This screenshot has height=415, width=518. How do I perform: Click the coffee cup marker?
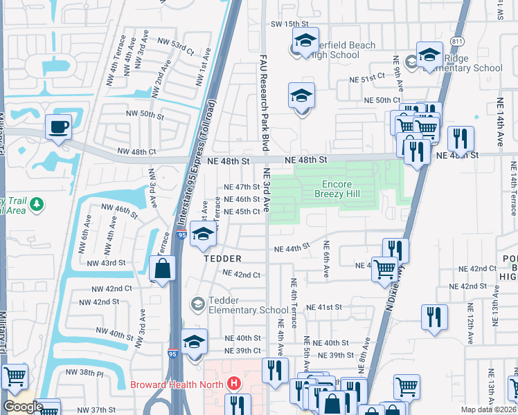(58, 127)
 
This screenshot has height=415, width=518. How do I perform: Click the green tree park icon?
(37, 205)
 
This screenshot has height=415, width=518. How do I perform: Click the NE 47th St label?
(242, 187)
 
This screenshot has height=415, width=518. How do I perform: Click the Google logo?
(22, 406)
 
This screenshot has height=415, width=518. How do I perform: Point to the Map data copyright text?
(488, 409)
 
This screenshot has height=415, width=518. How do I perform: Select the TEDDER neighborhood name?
(222, 258)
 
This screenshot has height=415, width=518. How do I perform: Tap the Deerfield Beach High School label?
(343, 50)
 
